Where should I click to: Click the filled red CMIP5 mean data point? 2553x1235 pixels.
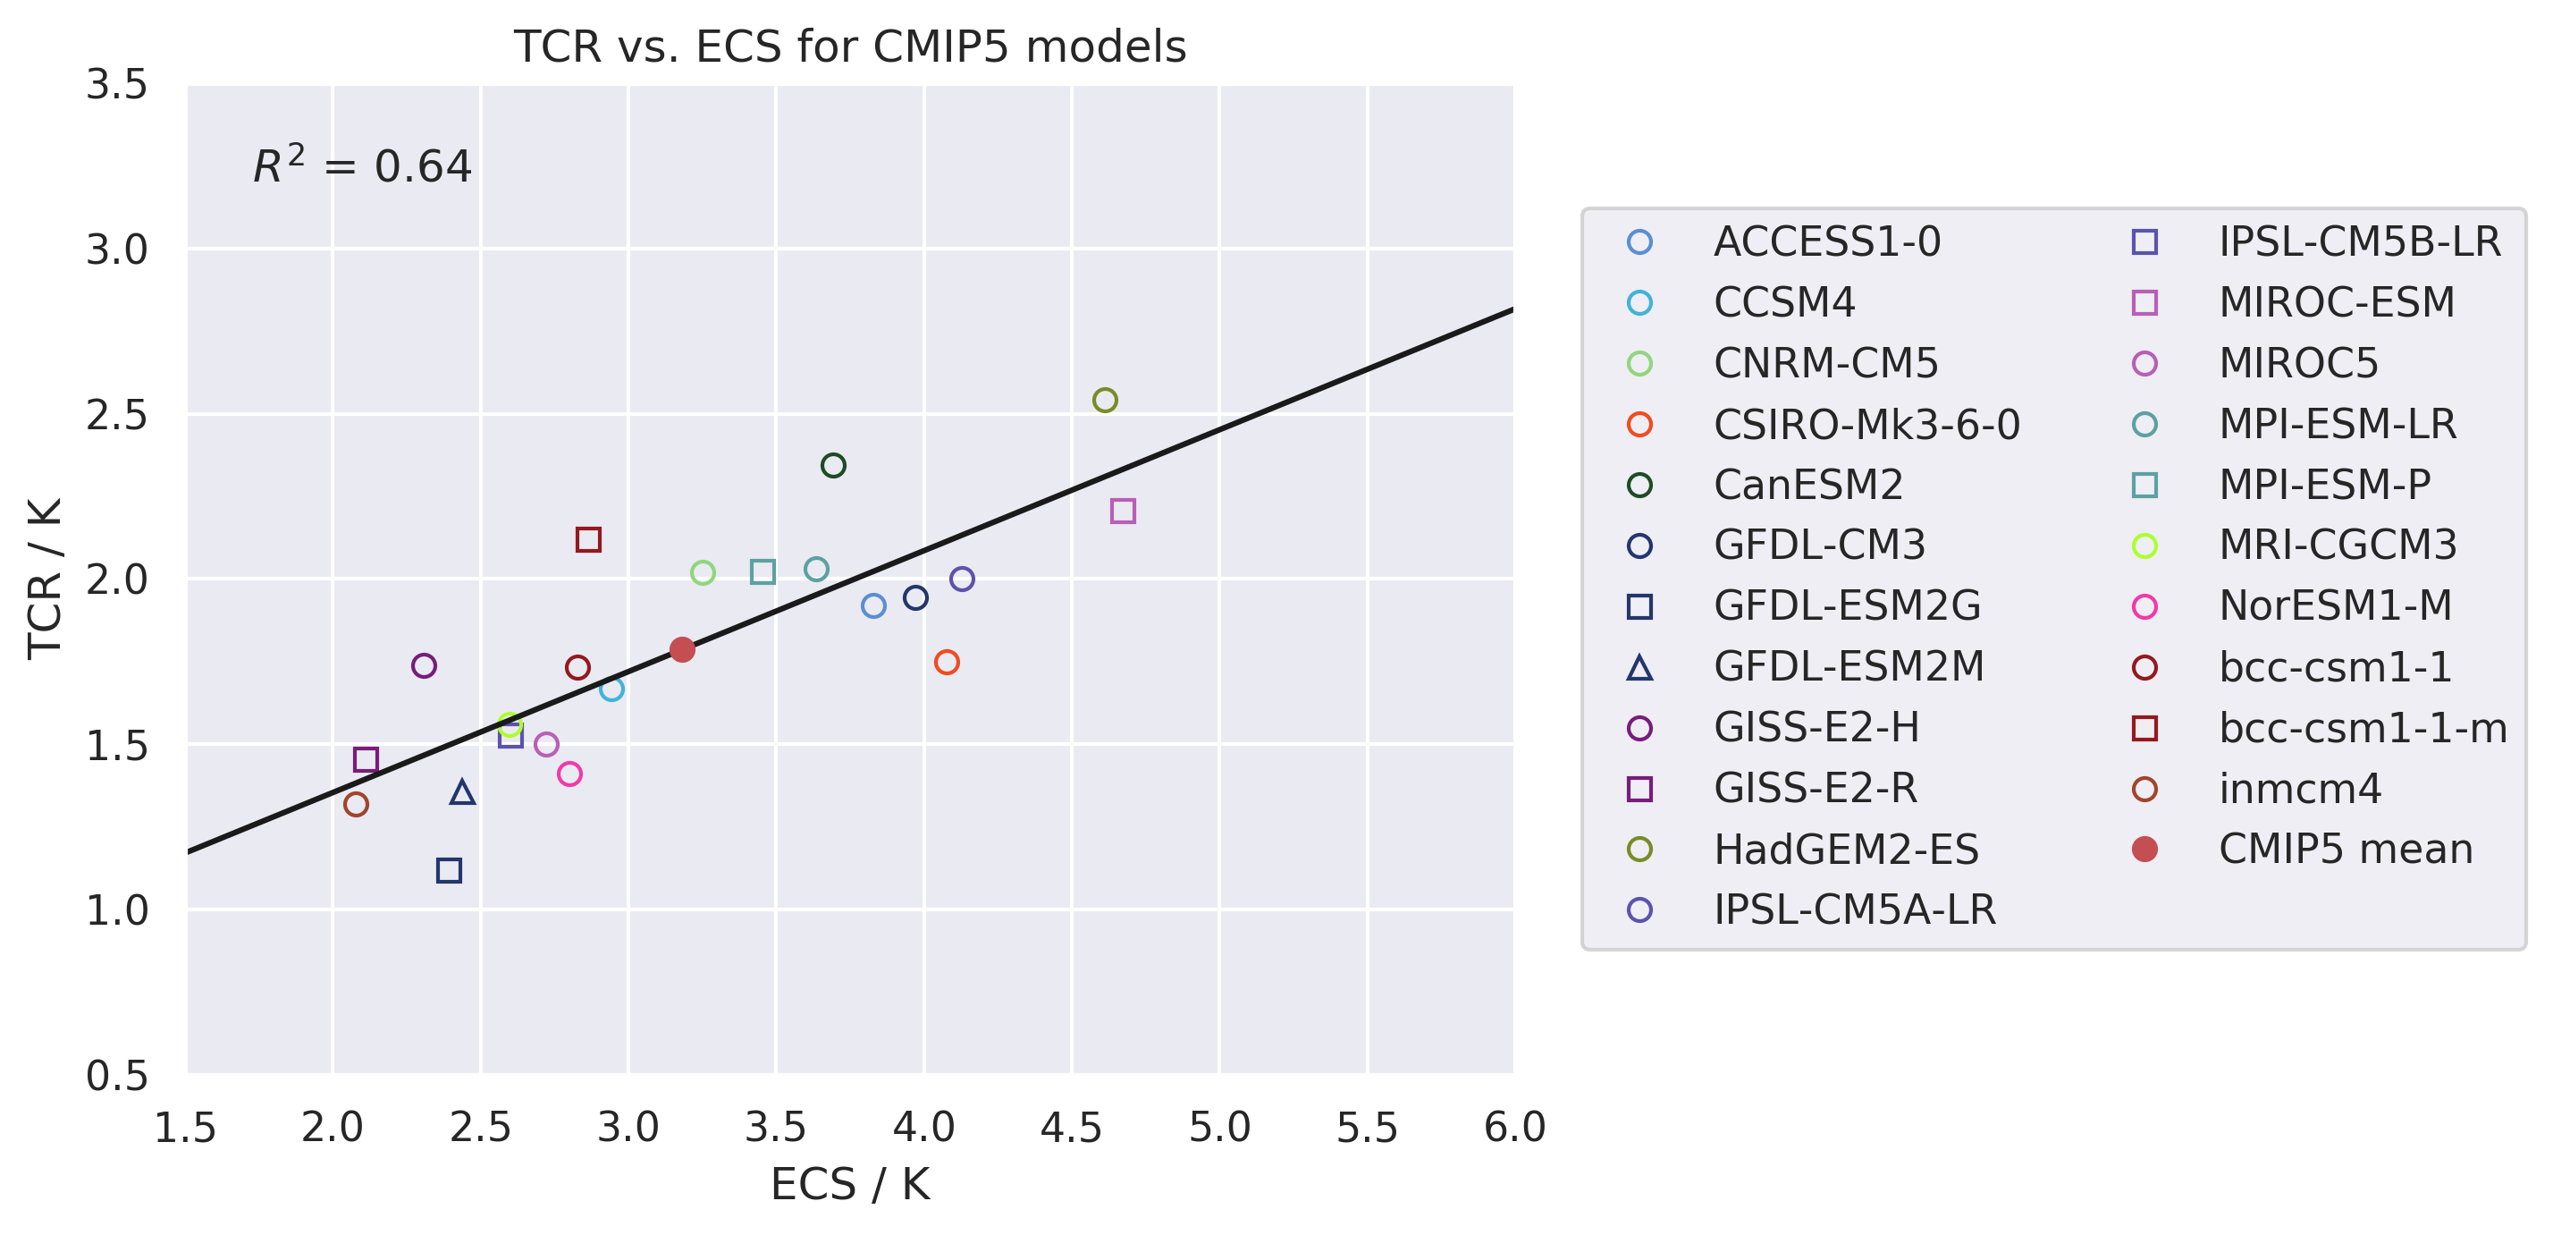682,650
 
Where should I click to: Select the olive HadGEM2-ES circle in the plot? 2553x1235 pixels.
1105,401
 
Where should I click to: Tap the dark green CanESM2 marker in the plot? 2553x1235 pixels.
833,466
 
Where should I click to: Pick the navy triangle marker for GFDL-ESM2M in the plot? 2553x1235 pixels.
462,793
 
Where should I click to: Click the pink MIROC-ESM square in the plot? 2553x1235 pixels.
1123,512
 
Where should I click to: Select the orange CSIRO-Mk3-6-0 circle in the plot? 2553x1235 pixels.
947,662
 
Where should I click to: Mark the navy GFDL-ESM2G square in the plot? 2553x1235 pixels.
449,871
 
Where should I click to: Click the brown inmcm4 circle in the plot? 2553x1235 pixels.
356,805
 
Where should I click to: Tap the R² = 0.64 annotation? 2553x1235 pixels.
363,165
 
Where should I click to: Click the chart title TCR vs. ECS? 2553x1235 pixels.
849,47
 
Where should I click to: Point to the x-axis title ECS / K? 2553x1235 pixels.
850,1184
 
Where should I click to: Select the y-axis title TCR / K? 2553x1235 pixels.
45,579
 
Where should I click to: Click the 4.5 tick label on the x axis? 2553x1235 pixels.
1070,1128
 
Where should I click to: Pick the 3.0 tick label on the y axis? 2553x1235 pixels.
117,250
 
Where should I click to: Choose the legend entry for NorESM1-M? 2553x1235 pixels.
2335,605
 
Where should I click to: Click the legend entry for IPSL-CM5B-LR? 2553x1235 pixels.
2359,241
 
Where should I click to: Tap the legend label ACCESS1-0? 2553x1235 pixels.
1826,241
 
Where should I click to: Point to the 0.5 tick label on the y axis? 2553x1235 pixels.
117,1076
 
